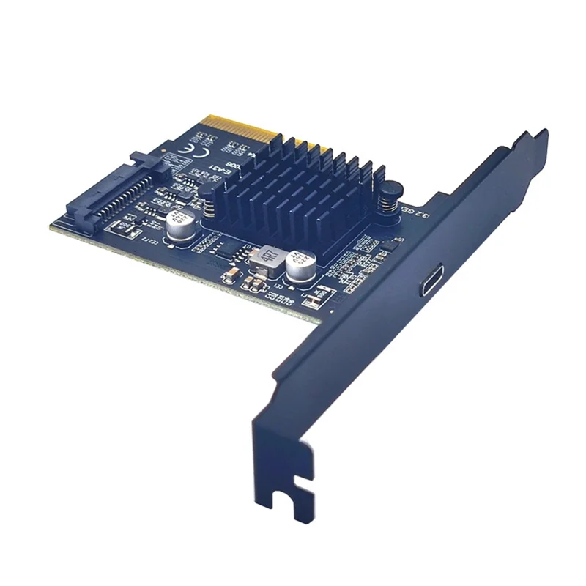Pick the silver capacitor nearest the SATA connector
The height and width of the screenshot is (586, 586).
point(179,225)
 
